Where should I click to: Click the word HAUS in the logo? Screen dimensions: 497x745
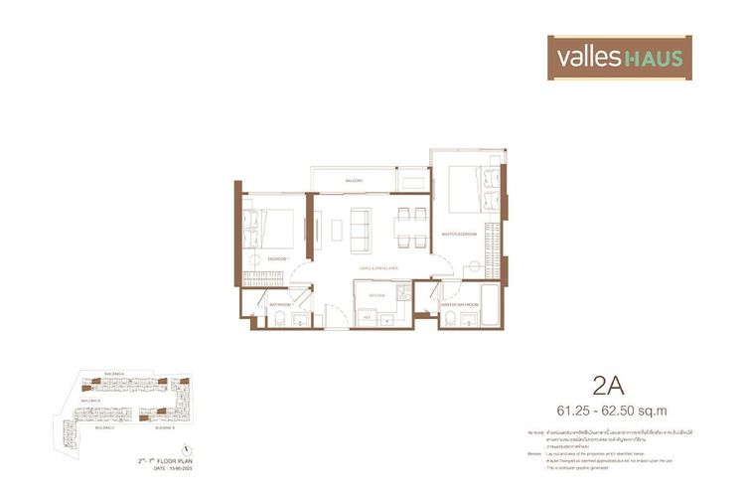[x=653, y=58]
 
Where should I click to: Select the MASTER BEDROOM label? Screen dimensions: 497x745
[x=460, y=234]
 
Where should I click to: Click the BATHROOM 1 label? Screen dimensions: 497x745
[x=279, y=304]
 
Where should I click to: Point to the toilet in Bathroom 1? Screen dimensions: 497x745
[x=281, y=318]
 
